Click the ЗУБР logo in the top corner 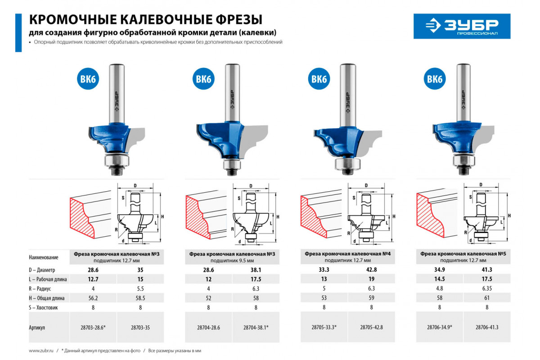click(x=462, y=26)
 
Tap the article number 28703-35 click(x=140, y=328)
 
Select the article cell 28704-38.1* click(x=256, y=328)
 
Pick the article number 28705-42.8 click(x=372, y=327)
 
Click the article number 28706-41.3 click(x=487, y=327)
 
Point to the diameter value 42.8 click(x=372, y=270)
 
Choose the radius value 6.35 click(x=487, y=288)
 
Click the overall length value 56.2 click(x=93, y=298)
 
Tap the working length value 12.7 click(x=93, y=279)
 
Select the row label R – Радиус click(x=40, y=288)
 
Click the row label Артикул click(x=37, y=328)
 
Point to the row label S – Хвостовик click(x=43, y=307)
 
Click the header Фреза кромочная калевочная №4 click(x=347, y=254)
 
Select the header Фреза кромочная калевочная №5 click(x=463, y=254)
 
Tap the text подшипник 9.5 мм click(x=232, y=261)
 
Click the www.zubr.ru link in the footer click(x=41, y=351)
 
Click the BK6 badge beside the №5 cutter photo click(x=435, y=79)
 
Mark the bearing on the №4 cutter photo click(x=347, y=164)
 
